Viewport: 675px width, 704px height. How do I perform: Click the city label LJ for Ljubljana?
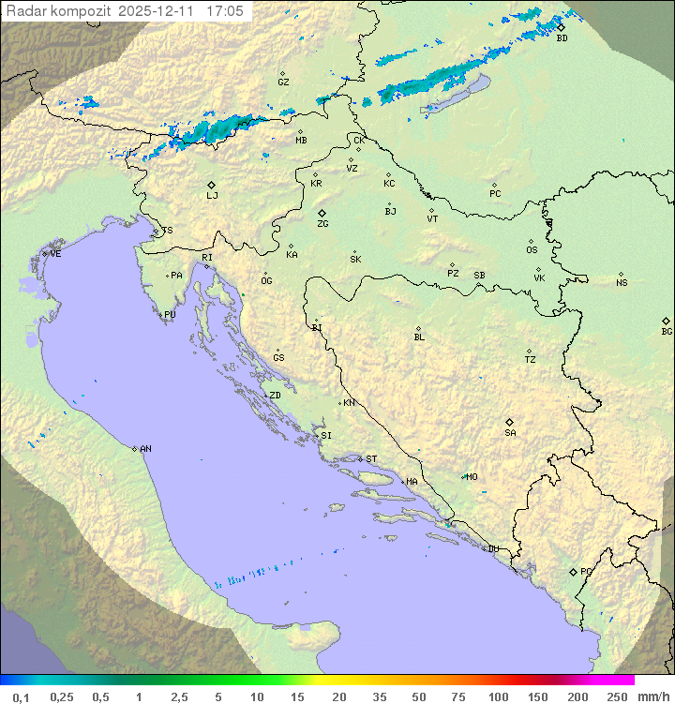tap(212, 196)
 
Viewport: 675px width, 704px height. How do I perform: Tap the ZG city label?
tap(322, 224)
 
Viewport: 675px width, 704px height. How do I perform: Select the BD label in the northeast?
tap(562, 38)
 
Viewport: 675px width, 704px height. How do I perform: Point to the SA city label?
tap(510, 433)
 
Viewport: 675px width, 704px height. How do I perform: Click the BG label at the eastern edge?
tap(667, 332)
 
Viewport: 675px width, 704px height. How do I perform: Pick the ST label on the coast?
tap(371, 459)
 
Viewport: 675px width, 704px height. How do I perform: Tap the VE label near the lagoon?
tap(55, 254)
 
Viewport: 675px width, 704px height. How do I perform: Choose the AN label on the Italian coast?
tap(145, 449)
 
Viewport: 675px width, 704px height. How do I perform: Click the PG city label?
tap(586, 571)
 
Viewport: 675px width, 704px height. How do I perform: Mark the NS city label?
tap(622, 283)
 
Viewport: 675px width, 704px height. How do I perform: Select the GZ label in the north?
tap(283, 82)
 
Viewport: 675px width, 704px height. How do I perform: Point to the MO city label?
tap(472, 477)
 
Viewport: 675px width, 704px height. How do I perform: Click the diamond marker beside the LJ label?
tap(212, 185)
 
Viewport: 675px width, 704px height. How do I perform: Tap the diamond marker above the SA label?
tap(510, 422)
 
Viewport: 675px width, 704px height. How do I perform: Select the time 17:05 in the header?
tap(225, 11)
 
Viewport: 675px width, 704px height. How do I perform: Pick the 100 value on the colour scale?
tap(498, 697)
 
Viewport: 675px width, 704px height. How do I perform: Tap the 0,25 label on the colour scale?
tap(62, 697)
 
